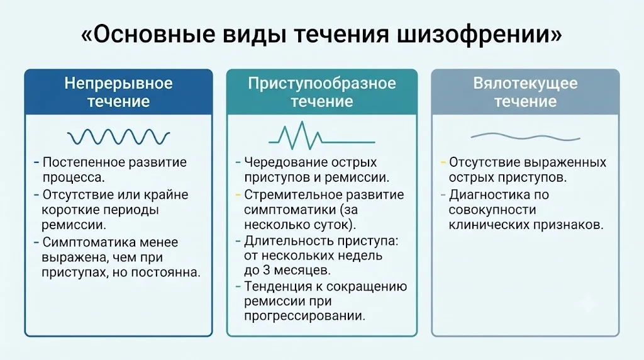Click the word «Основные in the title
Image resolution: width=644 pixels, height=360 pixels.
pos(148,35)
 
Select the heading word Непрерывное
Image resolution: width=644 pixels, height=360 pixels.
pos(118,84)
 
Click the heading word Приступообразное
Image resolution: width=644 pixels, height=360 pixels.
pos(322,84)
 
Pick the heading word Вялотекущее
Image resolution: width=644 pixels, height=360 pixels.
pos(525,84)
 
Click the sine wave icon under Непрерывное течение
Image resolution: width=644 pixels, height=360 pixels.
pos(118,137)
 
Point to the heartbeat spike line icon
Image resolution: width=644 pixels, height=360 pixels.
pos(321,135)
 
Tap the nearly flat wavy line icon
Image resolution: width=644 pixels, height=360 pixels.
pos(525,137)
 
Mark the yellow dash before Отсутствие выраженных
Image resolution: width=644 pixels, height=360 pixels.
pos(443,163)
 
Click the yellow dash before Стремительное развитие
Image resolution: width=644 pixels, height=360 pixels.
pos(238,195)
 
